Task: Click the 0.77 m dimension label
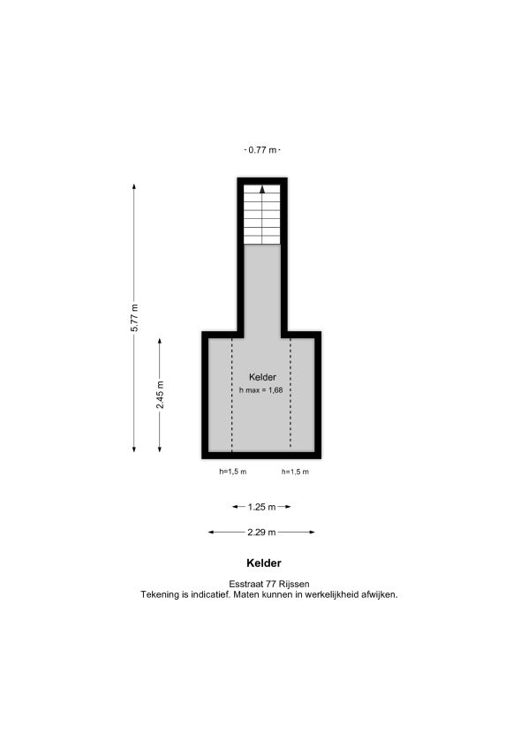click(262, 150)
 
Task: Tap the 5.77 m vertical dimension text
click(134, 318)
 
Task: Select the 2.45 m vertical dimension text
click(161, 395)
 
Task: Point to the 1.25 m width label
click(261, 507)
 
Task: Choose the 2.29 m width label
click(261, 532)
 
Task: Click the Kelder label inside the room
click(262, 377)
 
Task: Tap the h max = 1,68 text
click(260, 390)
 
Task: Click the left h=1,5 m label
click(233, 472)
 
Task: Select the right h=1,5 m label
click(295, 472)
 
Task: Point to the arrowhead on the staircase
click(262, 189)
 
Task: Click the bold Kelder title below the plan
click(264, 563)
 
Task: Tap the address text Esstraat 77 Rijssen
click(269, 584)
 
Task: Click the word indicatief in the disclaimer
click(210, 595)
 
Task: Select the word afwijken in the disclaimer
click(380, 595)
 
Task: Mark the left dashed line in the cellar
click(232, 395)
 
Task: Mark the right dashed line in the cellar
click(290, 395)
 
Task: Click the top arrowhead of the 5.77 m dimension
click(134, 186)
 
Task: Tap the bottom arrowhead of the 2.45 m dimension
click(159, 449)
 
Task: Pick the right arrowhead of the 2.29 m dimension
click(312, 532)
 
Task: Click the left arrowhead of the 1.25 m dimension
click(235, 507)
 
